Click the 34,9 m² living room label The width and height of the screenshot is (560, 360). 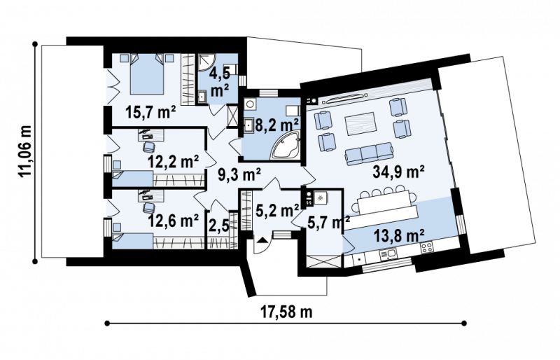pos(398,172)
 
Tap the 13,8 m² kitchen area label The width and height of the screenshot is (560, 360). pos(399,236)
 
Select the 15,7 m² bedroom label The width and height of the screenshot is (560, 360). pos(150,112)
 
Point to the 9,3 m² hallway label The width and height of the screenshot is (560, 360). pos(239,175)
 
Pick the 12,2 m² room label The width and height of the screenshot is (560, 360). pos(173,162)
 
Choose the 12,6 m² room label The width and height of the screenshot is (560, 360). pos(173,221)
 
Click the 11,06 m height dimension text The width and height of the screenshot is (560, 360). pos(25,151)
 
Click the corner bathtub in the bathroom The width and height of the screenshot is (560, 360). pos(286,146)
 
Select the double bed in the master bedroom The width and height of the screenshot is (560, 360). pos(147,74)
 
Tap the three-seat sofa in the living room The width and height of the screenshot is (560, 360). pos(369,153)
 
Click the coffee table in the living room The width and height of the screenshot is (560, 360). pos(360,124)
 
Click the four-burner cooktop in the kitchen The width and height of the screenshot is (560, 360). pos(426,247)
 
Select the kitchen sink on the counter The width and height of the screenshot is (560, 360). pos(388,254)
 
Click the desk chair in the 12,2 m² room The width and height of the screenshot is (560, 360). pos(149,147)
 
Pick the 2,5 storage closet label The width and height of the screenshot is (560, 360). pos(218,227)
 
